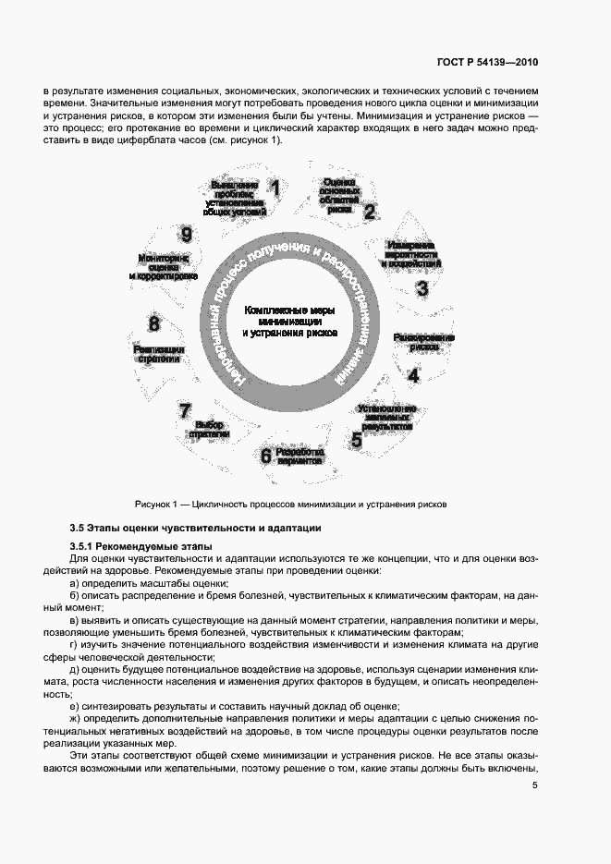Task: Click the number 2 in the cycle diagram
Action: tap(370, 212)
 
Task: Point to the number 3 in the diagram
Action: tap(422, 287)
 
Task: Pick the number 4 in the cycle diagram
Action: tap(414, 375)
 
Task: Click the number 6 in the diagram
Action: tap(265, 455)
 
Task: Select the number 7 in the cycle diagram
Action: tap(185, 410)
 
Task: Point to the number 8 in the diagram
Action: tap(154, 324)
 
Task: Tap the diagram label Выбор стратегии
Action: tap(204, 429)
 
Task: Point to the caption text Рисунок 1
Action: tap(290, 505)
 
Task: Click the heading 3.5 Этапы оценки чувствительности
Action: tap(196, 529)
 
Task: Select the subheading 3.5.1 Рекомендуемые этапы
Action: tap(141, 548)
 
